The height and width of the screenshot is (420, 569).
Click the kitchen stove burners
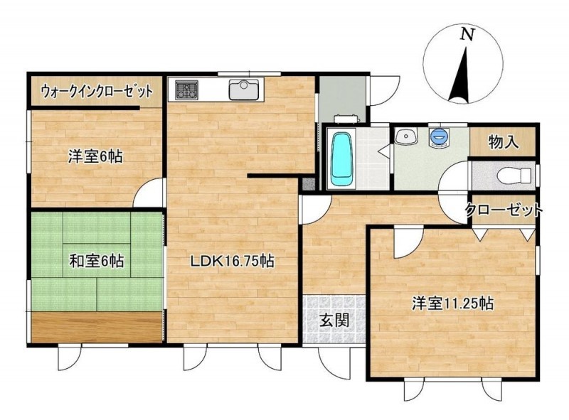(x=187, y=90)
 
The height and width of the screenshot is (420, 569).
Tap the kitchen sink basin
(x=243, y=90)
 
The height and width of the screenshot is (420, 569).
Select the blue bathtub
(x=342, y=159)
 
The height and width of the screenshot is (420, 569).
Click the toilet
(x=514, y=176)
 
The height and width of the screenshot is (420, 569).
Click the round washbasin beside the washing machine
(x=405, y=136)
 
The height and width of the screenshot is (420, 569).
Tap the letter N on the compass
(x=467, y=34)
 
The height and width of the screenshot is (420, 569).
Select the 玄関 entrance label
(x=334, y=320)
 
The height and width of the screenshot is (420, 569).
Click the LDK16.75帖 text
(x=233, y=261)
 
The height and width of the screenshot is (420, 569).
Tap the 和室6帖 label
(x=97, y=261)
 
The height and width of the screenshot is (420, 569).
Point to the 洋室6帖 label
(x=95, y=156)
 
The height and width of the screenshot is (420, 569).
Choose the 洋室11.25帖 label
(x=452, y=303)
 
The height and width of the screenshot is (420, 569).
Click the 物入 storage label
(x=504, y=142)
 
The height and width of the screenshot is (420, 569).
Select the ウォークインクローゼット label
(x=97, y=92)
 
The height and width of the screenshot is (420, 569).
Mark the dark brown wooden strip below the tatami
(x=97, y=327)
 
